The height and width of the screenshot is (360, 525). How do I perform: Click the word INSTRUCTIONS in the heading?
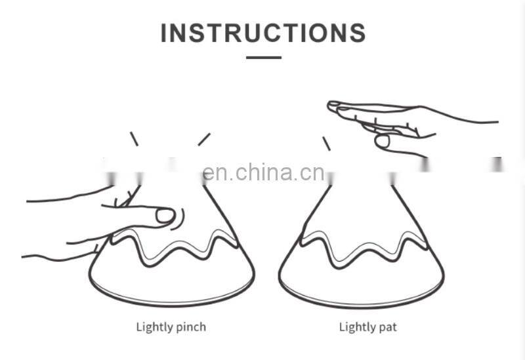tap(263, 33)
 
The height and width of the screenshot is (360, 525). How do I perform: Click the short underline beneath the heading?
tap(264, 58)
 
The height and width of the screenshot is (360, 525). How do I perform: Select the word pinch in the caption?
tap(190, 327)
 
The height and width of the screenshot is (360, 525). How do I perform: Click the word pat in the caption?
tap(387, 327)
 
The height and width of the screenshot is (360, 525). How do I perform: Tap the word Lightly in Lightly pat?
tap(357, 327)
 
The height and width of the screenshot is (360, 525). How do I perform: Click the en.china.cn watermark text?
tap(263, 172)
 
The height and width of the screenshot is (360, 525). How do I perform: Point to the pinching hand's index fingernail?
tap(165, 216)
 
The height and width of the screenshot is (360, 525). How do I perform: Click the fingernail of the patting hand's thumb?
tap(382, 141)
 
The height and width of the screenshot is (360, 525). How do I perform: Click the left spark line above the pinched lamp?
tap(134, 139)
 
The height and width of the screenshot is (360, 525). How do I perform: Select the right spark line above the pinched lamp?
tap(204, 139)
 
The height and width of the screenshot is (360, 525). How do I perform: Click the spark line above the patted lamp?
tap(326, 144)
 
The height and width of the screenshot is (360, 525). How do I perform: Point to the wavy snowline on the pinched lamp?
tap(174, 249)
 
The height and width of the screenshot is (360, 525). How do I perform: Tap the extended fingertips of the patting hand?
tap(335, 106)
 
